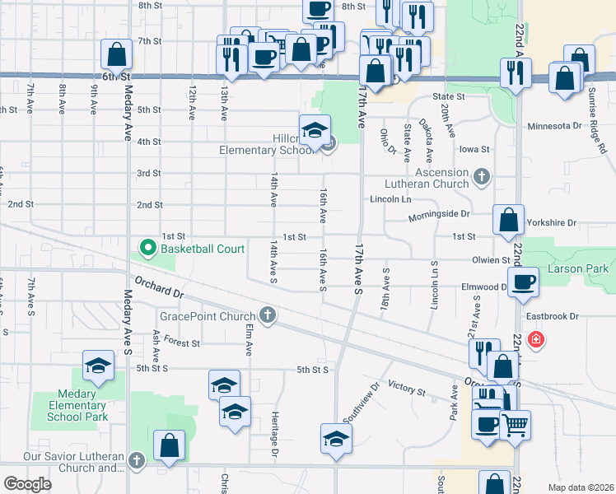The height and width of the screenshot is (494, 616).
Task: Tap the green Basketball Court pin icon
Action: pyautogui.click(x=148, y=247)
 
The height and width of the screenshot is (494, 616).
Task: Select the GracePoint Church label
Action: pyautogui.click(x=209, y=315)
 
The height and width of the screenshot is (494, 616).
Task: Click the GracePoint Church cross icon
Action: pyautogui.click(x=267, y=314)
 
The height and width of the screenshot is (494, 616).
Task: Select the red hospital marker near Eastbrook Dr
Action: pyautogui.click(x=535, y=339)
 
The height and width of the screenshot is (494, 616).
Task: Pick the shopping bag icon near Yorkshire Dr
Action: pyautogui.click(x=509, y=220)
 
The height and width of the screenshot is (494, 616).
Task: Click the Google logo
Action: pyautogui.click(x=27, y=484)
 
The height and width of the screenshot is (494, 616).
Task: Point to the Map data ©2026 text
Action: pyautogui.click(x=581, y=487)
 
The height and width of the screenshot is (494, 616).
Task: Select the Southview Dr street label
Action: pyautogui.click(x=361, y=402)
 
